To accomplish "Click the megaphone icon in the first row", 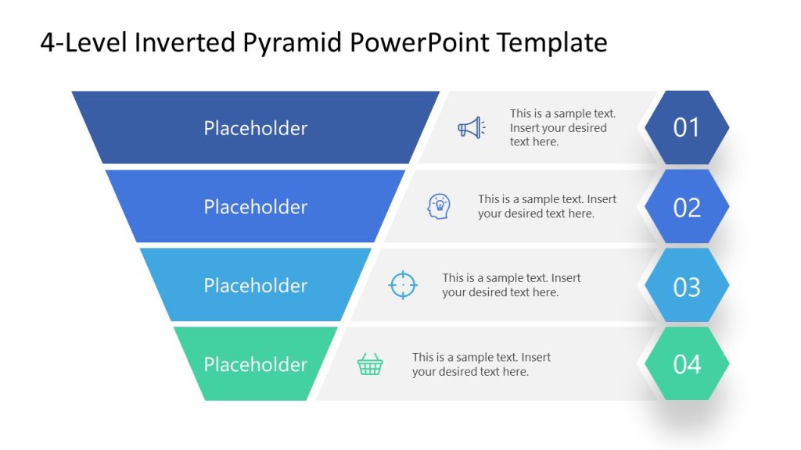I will point(471,127).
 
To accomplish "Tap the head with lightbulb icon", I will point(439,206).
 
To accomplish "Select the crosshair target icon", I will point(403,284).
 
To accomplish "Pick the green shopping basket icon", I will point(370,364).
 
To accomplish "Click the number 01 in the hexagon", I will point(686,127).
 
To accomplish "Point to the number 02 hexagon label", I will point(686,207).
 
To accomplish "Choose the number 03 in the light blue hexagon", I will point(686,287).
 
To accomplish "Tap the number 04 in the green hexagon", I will point(686,364).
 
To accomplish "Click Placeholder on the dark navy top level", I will point(256,128).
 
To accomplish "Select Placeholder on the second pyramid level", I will point(256,207).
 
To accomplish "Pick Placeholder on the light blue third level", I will point(256,286).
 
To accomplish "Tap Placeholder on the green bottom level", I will point(256,365).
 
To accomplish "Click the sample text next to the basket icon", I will point(481,364).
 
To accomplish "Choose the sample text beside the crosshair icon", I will point(511,285).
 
